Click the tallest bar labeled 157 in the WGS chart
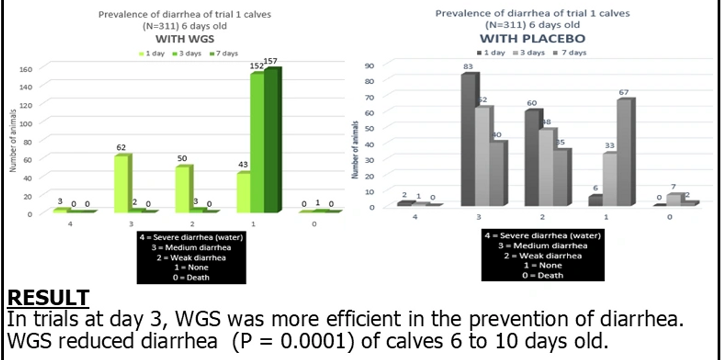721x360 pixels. (272, 140)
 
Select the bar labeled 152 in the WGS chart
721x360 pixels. (257, 142)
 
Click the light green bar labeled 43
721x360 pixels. (244, 192)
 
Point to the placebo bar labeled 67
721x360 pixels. (624, 152)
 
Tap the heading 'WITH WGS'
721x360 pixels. (184, 39)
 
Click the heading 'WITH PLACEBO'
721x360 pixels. (532, 39)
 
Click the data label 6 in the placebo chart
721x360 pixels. (594, 188)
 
